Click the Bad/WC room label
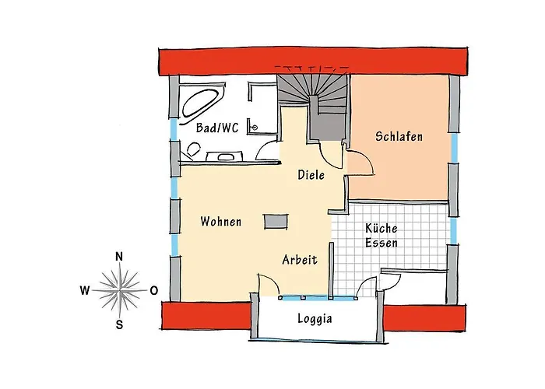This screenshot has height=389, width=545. tap(217, 128)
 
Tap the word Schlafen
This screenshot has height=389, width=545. tap(399, 136)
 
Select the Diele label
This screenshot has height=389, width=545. tap(311, 175)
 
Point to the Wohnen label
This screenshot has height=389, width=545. tap(220, 222)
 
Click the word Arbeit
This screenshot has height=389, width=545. tap(300, 260)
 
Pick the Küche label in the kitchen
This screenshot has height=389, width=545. tap(381, 228)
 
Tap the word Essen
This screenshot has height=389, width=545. tap(381, 243)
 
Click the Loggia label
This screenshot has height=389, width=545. tap(315, 318)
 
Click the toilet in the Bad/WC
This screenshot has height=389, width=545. tap(193, 149)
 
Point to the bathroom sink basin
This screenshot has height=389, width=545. tap(224, 156)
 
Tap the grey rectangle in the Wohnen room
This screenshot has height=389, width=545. tap(276, 221)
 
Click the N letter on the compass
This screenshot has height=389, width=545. tap(119, 257)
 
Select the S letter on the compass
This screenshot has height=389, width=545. tap(119, 324)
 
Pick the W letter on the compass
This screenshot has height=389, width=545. tap(85, 290)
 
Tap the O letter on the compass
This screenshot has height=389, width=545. tap(153, 291)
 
